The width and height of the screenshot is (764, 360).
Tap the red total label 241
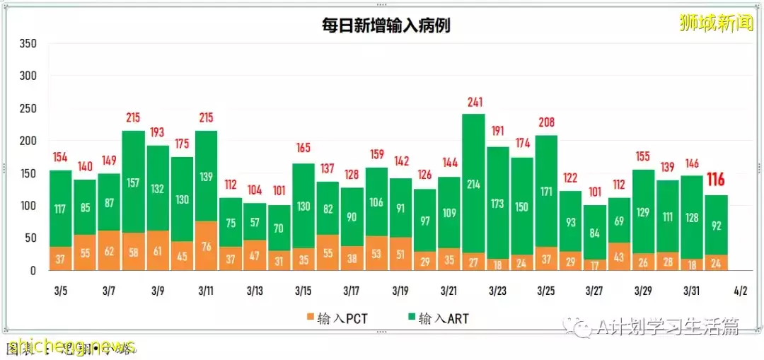tap(473, 103)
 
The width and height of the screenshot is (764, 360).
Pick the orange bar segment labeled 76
tap(206, 246)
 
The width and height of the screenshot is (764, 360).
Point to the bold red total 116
tap(716, 180)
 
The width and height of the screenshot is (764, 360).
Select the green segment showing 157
tap(133, 182)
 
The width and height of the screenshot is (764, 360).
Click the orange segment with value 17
tap(594, 265)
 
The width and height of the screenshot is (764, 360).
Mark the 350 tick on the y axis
tap(28, 44)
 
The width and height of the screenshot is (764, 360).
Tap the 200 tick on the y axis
tap(28, 141)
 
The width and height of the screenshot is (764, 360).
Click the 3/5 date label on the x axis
tap(61, 291)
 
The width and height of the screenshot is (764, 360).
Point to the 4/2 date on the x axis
tap(740, 291)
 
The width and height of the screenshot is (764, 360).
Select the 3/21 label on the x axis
tap(448, 291)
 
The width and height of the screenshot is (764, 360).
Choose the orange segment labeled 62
tap(109, 250)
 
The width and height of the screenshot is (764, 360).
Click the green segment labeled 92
tap(716, 225)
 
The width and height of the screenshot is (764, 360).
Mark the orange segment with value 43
tap(618, 257)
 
